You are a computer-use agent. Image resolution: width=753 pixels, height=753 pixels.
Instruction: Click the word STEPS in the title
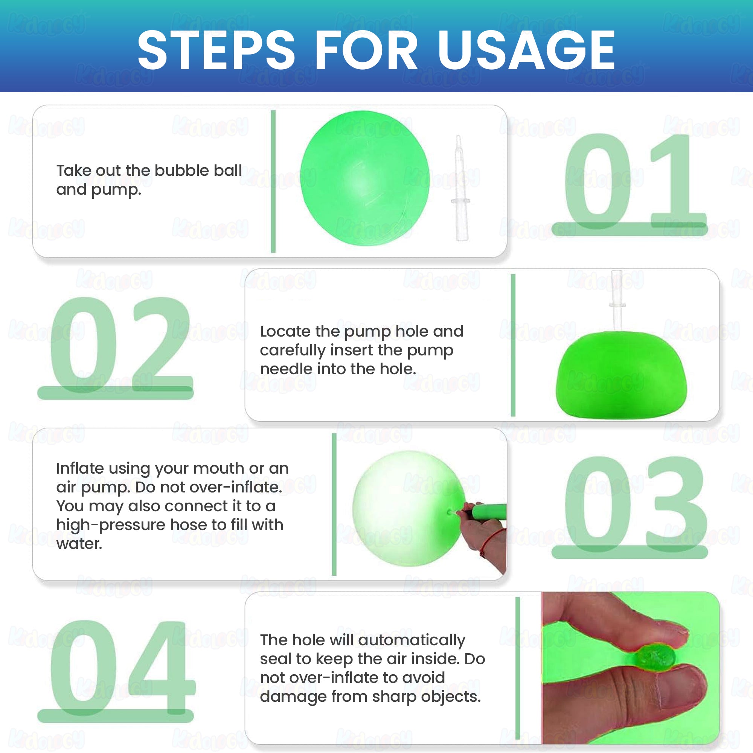click(216, 50)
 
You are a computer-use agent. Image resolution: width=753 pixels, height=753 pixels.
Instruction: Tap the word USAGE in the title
click(526, 50)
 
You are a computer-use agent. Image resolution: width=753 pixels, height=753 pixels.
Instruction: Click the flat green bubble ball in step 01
click(365, 178)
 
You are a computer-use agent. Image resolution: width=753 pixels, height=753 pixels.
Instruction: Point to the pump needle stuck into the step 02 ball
click(617, 300)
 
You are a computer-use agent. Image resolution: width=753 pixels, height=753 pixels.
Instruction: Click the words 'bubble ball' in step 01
click(198, 170)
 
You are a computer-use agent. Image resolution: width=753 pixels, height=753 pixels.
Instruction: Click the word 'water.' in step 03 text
click(79, 544)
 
